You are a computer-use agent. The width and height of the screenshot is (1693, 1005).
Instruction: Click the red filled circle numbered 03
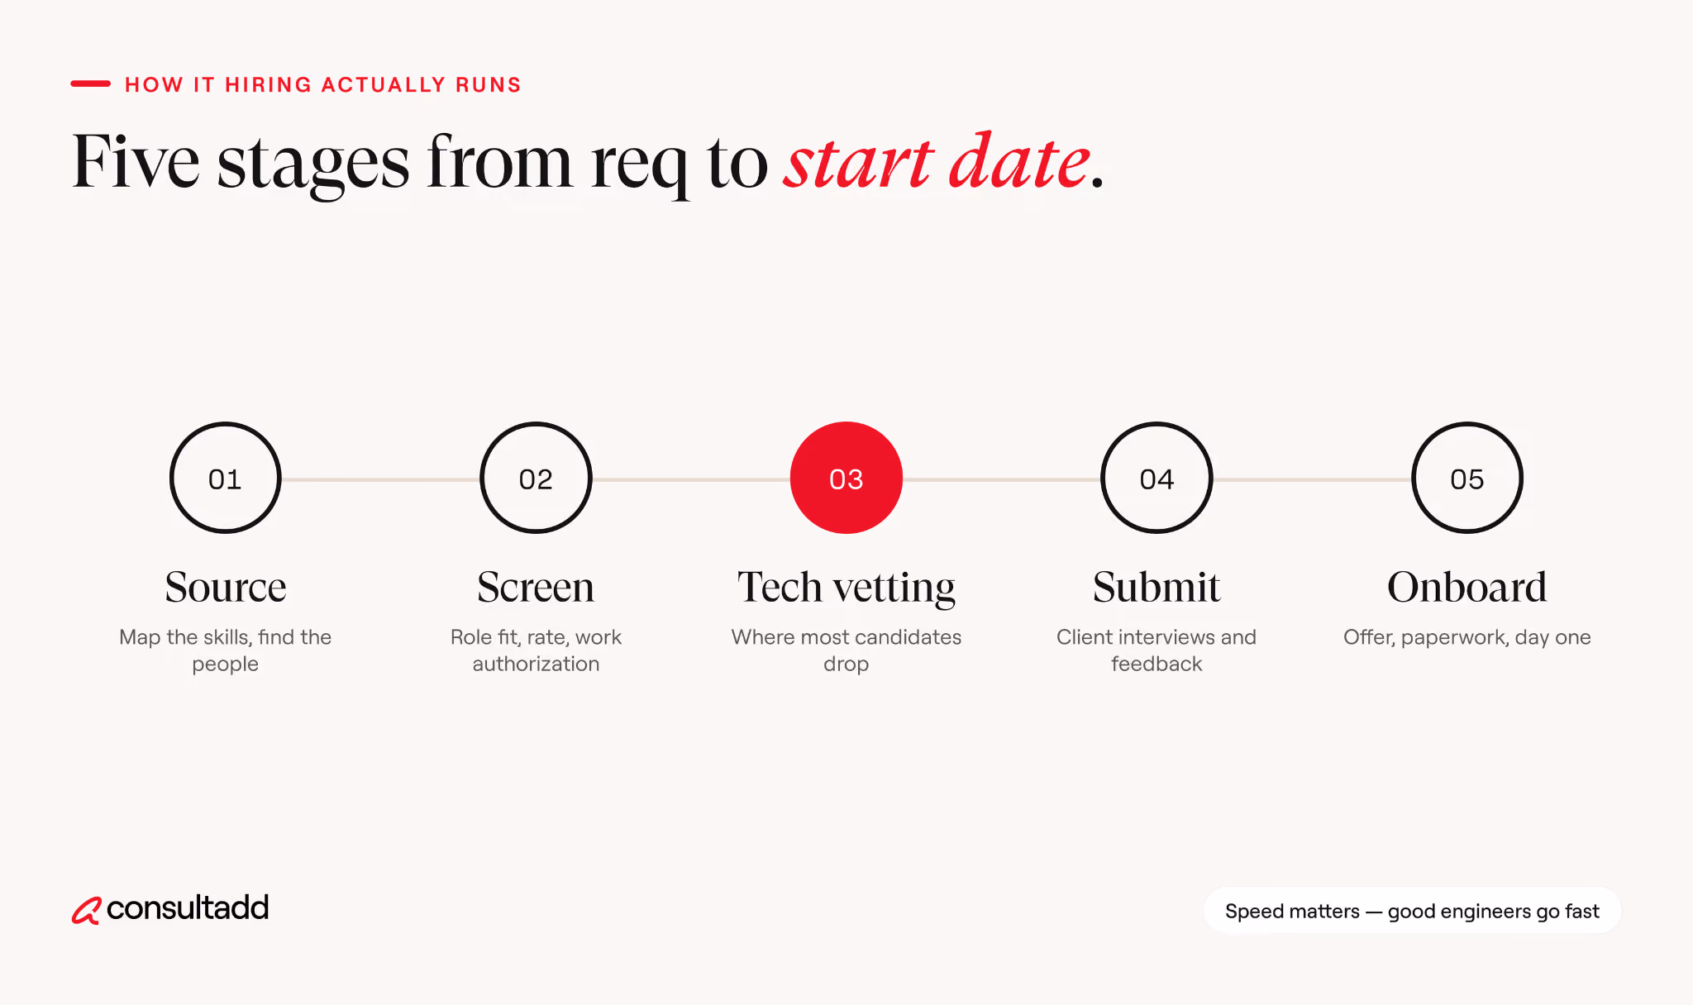click(846, 478)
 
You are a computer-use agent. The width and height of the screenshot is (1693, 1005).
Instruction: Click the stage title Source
click(226, 587)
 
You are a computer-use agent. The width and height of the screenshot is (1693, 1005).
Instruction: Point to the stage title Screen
click(536, 587)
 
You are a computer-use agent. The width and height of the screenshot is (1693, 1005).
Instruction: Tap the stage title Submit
click(1156, 587)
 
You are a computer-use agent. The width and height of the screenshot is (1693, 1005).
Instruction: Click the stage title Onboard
click(1467, 587)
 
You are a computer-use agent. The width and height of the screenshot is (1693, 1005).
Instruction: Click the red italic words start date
click(937, 161)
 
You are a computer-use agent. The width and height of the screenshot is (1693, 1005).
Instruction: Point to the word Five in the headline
click(136, 161)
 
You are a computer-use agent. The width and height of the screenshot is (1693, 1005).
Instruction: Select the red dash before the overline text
click(90, 83)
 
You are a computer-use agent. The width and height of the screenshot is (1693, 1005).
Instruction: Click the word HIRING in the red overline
click(268, 85)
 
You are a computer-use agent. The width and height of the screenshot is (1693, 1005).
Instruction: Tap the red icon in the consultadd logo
click(86, 910)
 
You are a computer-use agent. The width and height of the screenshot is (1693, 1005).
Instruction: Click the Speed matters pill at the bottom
click(1412, 911)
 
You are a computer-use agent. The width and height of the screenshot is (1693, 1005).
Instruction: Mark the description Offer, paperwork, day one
click(1467, 637)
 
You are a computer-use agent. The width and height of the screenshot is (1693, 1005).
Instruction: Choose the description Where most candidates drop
click(846, 650)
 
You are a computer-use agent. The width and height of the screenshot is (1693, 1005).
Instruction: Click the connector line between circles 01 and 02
click(380, 479)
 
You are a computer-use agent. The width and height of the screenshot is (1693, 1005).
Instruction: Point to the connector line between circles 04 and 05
click(1312, 479)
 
